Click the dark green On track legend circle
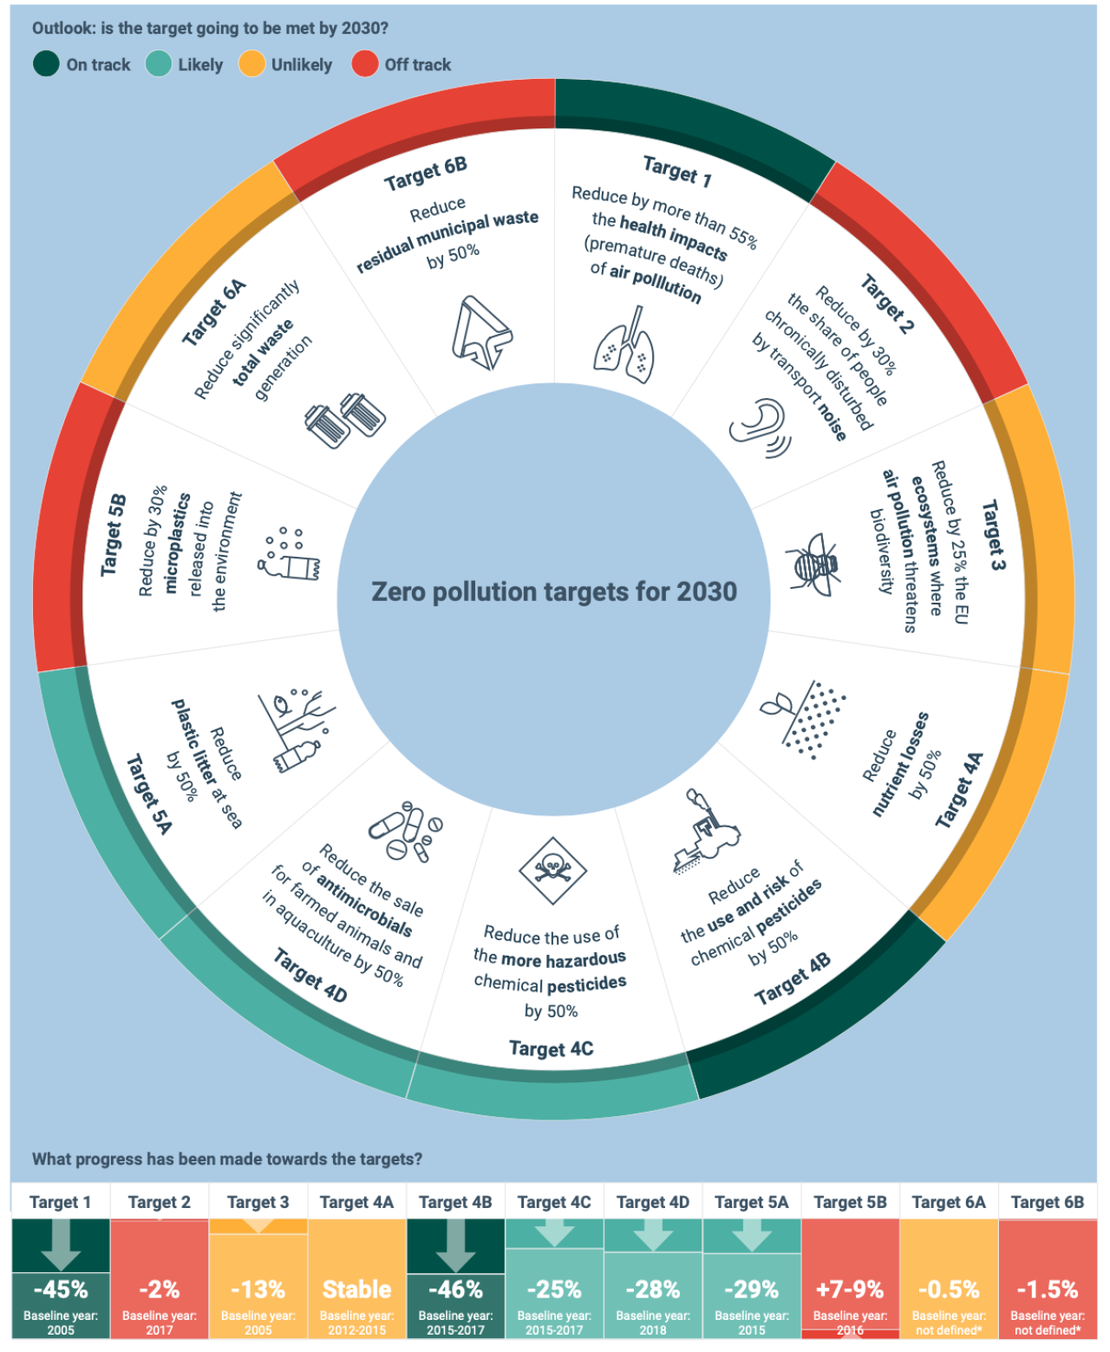tap(46, 64)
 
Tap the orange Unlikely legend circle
tap(251, 64)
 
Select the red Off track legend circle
tap(365, 64)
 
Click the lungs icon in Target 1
tap(624, 347)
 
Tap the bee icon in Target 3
tap(813, 564)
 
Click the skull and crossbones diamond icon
tap(552, 870)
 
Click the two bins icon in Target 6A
tap(345, 420)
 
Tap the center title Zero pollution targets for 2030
tap(554, 591)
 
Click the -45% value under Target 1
tap(61, 1289)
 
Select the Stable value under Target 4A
tap(356, 1289)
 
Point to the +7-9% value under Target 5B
tap(850, 1289)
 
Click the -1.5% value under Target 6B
tap(1048, 1289)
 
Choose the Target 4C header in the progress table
tap(554, 1202)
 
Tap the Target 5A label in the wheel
tap(149, 794)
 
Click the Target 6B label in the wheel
tap(426, 173)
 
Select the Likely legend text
tap(200, 65)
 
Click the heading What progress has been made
tap(227, 1159)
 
